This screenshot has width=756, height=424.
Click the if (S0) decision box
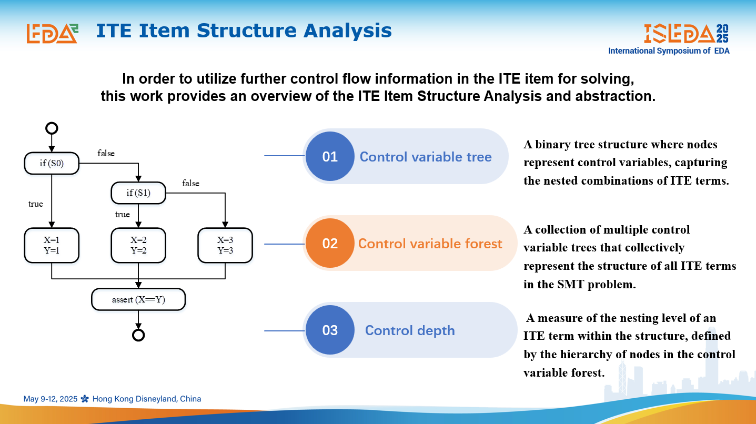pyautogui.click(x=52, y=163)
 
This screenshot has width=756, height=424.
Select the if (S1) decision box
pyautogui.click(x=138, y=193)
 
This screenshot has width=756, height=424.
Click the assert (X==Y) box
pyautogui.click(x=138, y=300)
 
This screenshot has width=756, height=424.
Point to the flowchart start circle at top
pyautogui.click(x=52, y=128)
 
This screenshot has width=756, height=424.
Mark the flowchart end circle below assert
pyautogui.click(x=138, y=335)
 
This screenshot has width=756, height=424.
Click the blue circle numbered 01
pyautogui.click(x=330, y=157)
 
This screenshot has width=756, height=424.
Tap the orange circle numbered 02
pyautogui.click(x=330, y=244)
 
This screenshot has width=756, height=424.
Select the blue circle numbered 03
pyautogui.click(x=330, y=330)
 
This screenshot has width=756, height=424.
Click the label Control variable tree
pyautogui.click(x=425, y=157)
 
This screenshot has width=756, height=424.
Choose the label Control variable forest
pyautogui.click(x=430, y=244)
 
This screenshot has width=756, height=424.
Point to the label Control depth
pyautogui.click(x=409, y=330)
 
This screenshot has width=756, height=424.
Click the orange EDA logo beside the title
pyautogui.click(x=52, y=33)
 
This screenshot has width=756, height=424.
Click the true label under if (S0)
pyautogui.click(x=36, y=204)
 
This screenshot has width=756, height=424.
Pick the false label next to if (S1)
pyautogui.click(x=190, y=183)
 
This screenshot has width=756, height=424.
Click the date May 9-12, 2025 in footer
pyautogui.click(x=50, y=399)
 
